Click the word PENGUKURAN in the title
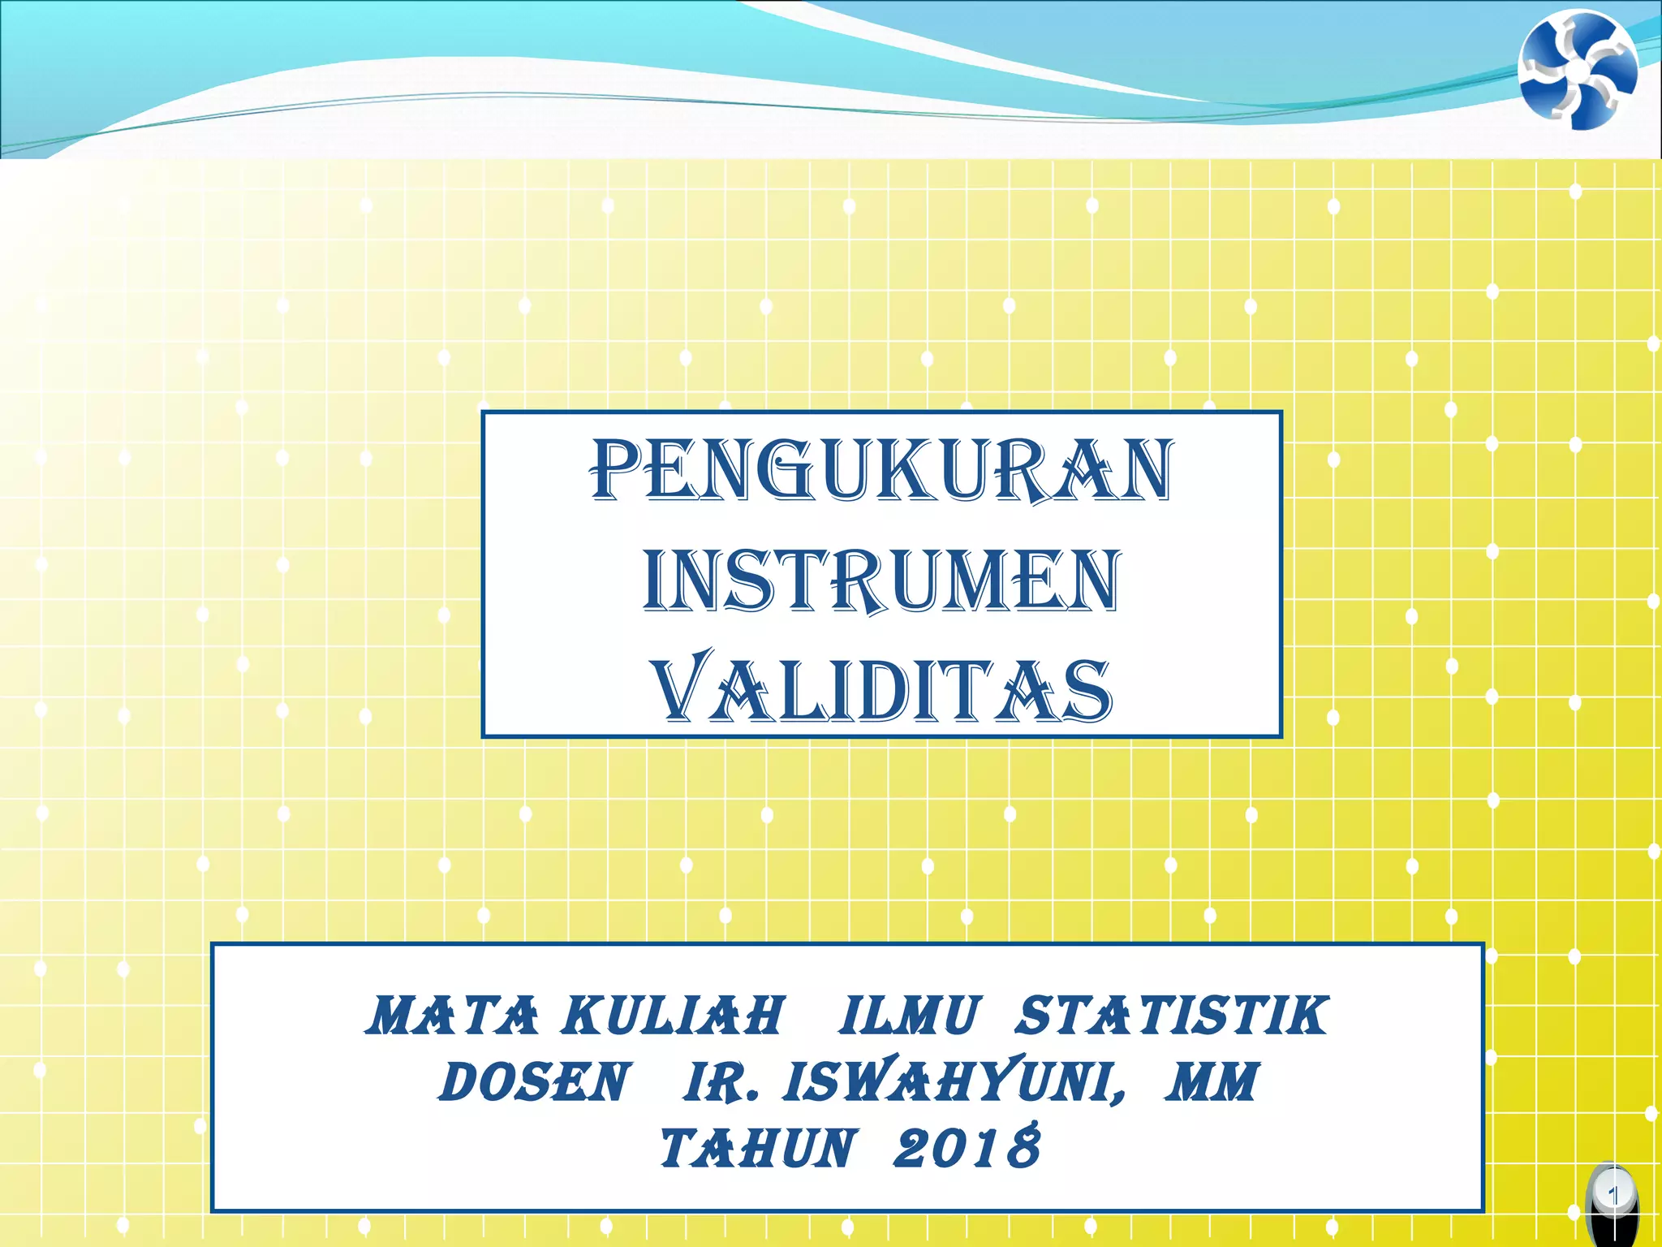(x=881, y=470)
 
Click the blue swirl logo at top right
(x=1578, y=70)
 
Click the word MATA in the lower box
(x=451, y=1016)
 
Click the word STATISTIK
(x=1172, y=1016)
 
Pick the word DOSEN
(x=534, y=1082)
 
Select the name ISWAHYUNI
(x=945, y=1082)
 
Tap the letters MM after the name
(x=1211, y=1082)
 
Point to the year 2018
(x=967, y=1149)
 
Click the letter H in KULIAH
(x=762, y=1016)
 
